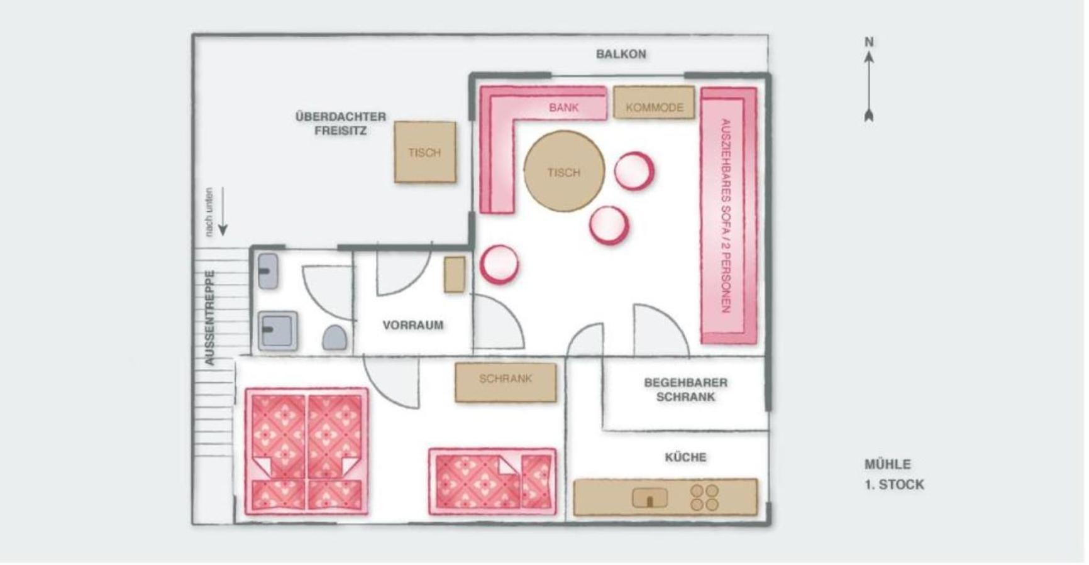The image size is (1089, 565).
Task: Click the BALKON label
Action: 621,54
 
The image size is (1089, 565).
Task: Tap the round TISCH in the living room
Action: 564,172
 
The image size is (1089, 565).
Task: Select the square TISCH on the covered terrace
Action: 425,152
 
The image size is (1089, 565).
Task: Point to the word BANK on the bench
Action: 563,107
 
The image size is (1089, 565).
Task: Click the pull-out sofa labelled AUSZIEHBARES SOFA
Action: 729,216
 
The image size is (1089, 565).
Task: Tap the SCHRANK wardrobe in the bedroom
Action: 506,382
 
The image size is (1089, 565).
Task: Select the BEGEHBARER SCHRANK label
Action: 685,390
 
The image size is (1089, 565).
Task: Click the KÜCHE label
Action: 685,457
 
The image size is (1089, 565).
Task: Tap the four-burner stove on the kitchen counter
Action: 704,497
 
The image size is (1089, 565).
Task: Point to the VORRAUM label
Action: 413,325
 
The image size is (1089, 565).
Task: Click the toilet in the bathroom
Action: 334,338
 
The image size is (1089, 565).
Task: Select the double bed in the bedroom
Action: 307,451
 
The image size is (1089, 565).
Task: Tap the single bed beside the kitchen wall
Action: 492,481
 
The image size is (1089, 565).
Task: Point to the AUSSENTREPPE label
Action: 210,317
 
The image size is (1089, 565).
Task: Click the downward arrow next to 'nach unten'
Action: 223,212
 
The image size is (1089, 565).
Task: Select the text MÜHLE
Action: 887,464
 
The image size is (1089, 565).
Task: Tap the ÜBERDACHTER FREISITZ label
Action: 341,124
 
